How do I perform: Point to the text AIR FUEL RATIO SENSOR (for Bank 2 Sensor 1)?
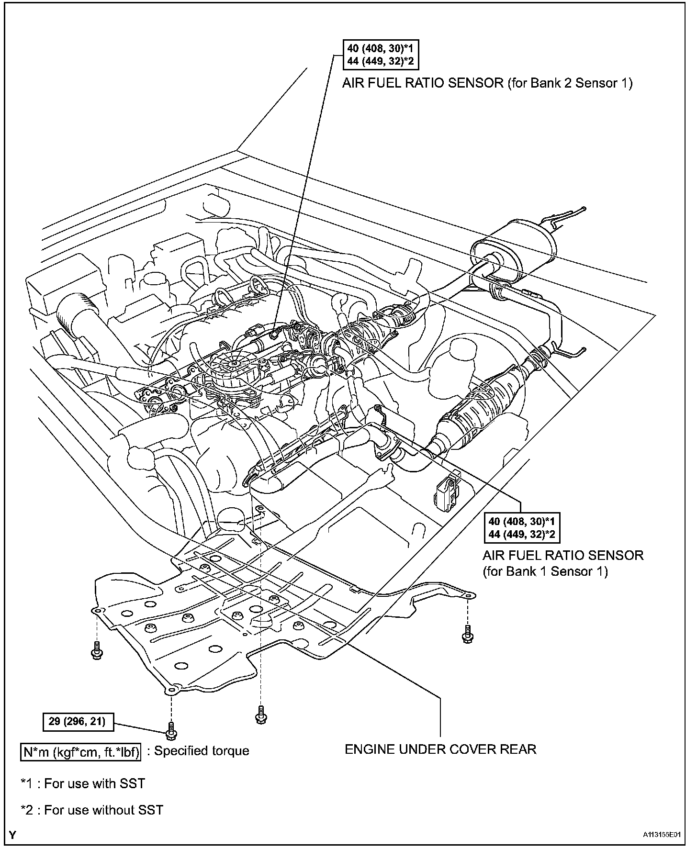(487, 83)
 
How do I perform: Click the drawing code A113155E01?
(662, 835)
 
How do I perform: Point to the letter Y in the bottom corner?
(12, 836)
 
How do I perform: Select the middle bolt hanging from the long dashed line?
(261, 715)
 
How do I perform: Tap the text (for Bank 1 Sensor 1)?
(545, 571)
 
